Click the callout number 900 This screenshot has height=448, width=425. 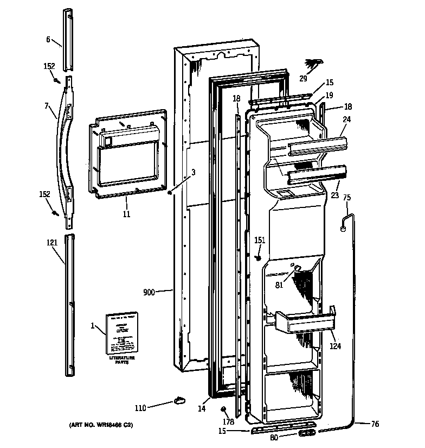(149, 292)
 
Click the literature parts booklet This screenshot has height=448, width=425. (121, 332)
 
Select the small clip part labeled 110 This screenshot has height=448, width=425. (179, 401)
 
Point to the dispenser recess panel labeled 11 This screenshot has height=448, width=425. (128, 154)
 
